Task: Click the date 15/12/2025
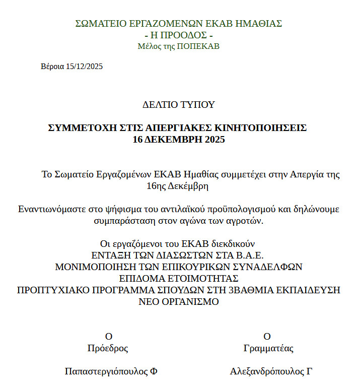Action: pos(84,67)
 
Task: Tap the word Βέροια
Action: pos(52,67)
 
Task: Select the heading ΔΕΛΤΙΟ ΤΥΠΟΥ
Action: pos(179,105)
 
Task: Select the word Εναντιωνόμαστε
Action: pos(53,209)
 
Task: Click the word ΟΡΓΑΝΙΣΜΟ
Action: pos(194,302)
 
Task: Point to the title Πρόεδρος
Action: pos(108,348)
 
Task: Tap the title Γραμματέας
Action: pos(268,348)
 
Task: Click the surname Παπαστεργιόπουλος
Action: pos(106,372)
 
